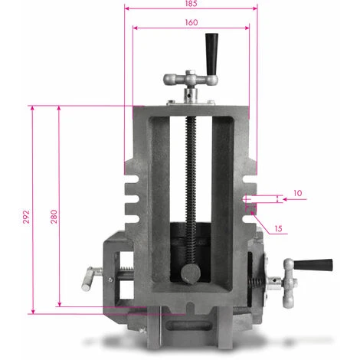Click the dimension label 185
click(x=191, y=3)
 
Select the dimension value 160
click(x=191, y=22)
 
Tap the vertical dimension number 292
click(x=26, y=217)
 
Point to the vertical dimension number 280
click(x=54, y=217)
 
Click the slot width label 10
click(x=297, y=193)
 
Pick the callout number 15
click(x=278, y=228)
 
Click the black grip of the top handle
click(x=211, y=54)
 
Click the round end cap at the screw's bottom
click(x=191, y=273)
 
